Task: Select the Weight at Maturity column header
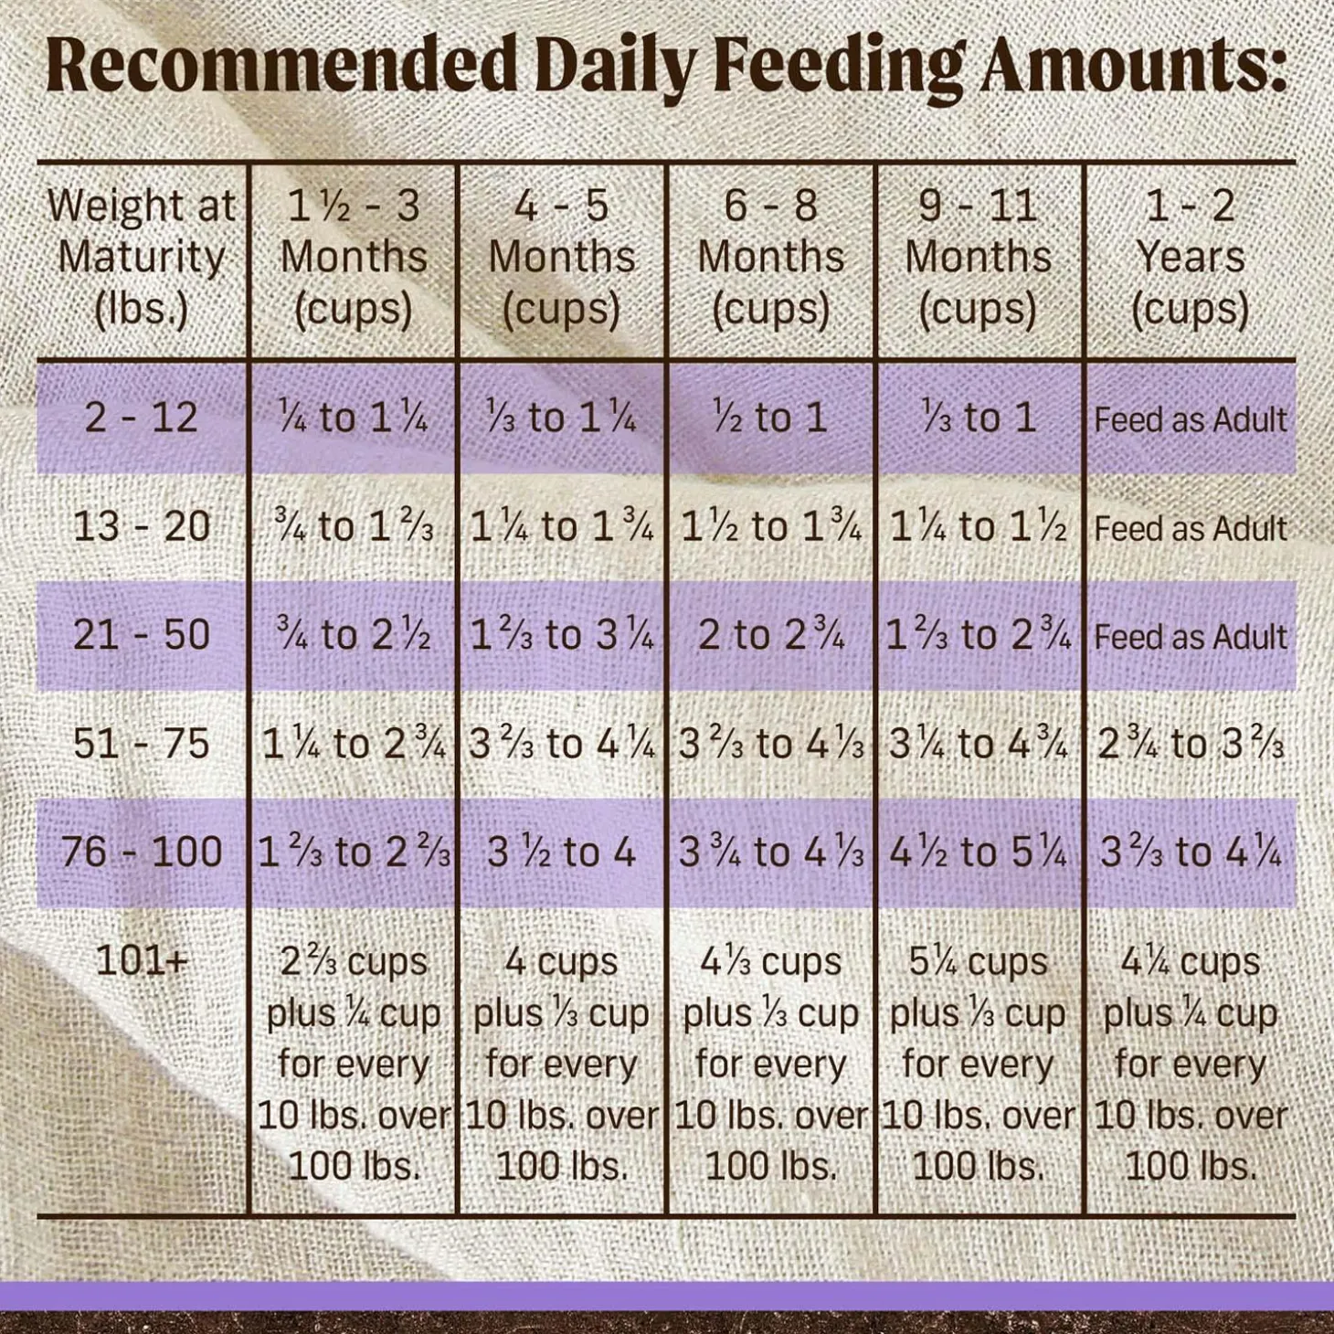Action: coord(142,257)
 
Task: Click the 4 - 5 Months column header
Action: coord(561,257)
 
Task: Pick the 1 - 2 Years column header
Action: coord(1190,257)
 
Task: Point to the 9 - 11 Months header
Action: coord(978,257)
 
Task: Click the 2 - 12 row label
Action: coord(142,418)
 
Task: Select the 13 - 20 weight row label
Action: coord(142,527)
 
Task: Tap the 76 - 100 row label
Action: coord(142,852)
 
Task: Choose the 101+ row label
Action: coord(142,960)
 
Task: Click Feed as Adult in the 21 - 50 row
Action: coord(1190,637)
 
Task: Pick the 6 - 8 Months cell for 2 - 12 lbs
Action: coord(770,418)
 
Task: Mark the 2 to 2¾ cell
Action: coord(770,636)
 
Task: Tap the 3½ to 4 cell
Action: coord(561,852)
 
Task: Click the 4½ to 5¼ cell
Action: coord(978,852)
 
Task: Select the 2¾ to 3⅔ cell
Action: coord(1190,745)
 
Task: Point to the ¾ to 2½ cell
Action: coord(353,636)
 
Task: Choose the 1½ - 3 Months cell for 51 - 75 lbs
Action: coord(353,745)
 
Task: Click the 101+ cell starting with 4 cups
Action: coord(561,1064)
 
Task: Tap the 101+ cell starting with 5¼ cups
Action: coord(978,1064)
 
